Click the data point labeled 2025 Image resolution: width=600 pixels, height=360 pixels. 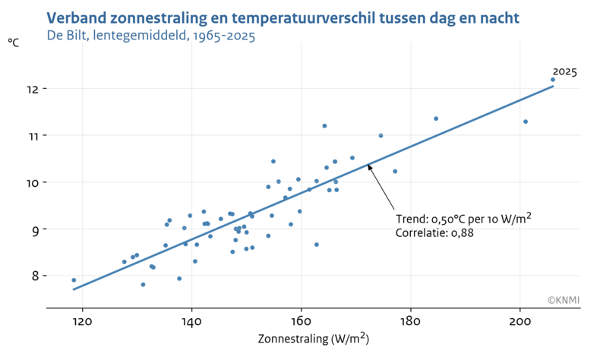552,80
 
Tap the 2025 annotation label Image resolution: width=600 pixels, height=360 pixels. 564,72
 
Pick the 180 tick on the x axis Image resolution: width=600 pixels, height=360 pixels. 410,321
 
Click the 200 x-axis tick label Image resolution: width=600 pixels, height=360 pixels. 519,321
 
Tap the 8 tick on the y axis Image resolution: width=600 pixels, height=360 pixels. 33,276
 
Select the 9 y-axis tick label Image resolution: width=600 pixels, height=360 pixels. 33,229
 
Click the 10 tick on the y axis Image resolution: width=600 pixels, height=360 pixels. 31,182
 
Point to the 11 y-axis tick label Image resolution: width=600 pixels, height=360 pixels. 31,135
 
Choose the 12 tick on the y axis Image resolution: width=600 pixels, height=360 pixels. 31,89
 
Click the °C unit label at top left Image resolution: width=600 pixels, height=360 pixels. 14,43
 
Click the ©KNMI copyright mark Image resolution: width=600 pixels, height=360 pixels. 563,300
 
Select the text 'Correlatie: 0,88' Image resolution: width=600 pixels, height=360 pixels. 434,233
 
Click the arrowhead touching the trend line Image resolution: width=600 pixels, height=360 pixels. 369,166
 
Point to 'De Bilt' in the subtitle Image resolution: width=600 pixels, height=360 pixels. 67,36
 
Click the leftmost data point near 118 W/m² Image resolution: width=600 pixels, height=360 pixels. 74,280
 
